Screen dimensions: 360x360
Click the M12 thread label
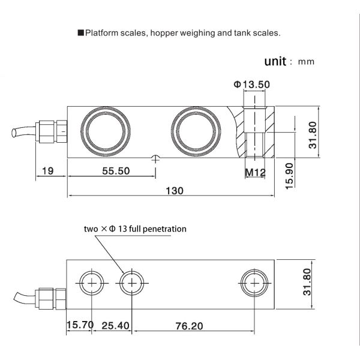(255, 173)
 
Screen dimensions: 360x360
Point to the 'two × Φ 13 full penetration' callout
(135, 229)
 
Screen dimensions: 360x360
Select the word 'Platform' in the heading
(101, 34)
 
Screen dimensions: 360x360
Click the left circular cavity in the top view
(106, 130)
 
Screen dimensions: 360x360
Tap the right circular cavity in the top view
(193, 130)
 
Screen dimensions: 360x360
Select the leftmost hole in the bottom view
(91, 282)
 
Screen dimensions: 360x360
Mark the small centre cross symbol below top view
(156, 159)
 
